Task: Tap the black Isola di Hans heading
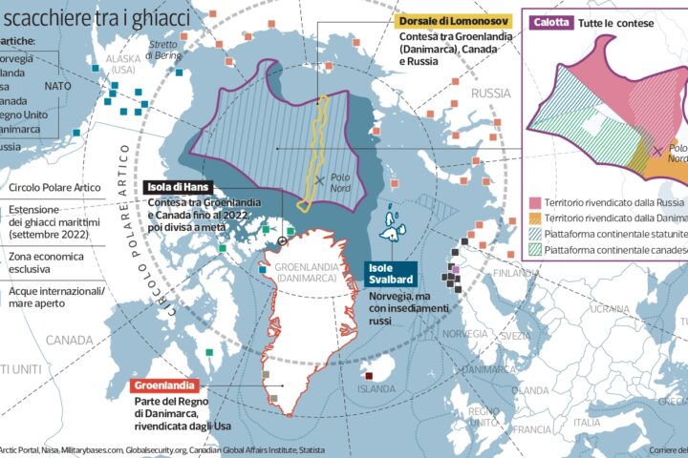[179, 187]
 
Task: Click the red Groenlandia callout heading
[163, 385]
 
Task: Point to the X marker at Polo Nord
[318, 179]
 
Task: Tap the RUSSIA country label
[493, 94]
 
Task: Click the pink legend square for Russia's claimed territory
[535, 204]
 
